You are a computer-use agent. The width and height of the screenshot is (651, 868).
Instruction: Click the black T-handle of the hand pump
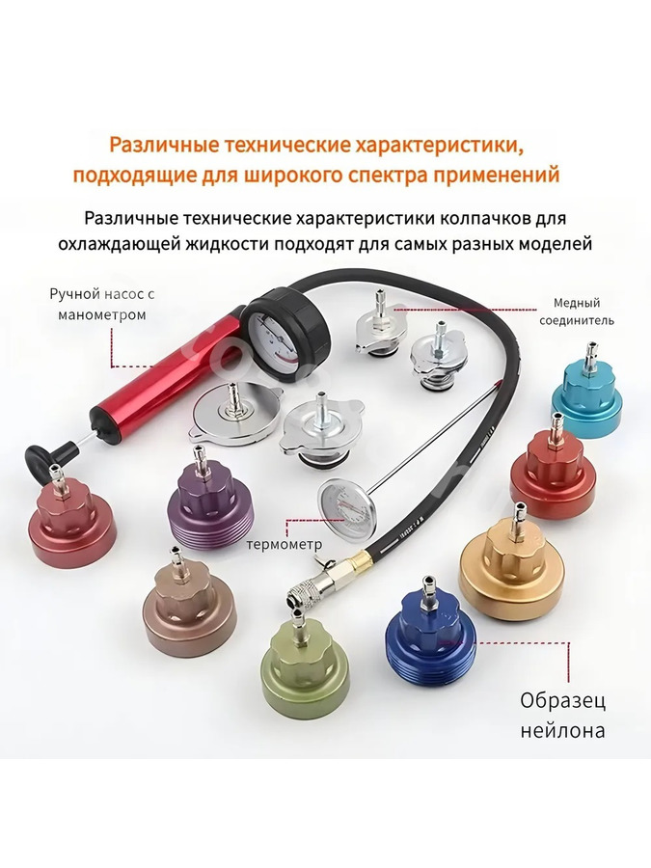click(x=51, y=459)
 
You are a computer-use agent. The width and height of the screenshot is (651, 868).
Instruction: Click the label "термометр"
click(x=284, y=544)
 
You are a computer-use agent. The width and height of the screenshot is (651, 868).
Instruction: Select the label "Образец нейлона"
click(x=562, y=716)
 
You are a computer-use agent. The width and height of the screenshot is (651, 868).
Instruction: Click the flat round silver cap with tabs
click(x=236, y=414)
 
